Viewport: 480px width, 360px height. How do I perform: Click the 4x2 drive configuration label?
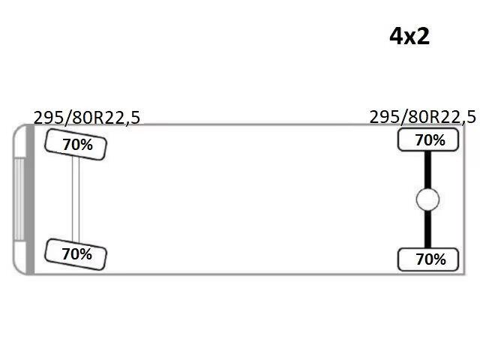[x=409, y=37]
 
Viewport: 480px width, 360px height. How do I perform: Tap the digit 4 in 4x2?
[x=396, y=37]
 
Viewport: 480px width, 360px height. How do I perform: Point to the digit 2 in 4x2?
[x=423, y=37]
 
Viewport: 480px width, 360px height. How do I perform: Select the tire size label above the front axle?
[x=87, y=118]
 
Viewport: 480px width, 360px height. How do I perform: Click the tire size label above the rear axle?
[x=423, y=117]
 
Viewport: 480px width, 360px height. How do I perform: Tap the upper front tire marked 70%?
[x=76, y=145]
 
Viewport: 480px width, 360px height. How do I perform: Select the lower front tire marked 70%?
[x=76, y=254]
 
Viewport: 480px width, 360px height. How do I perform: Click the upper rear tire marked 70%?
[x=428, y=140]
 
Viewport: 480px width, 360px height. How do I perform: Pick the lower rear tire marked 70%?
[x=428, y=259]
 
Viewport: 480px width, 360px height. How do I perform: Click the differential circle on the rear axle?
[x=427, y=199]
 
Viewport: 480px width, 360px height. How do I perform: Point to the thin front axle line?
[x=76, y=199]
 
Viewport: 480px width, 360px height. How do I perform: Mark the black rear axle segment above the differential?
[x=427, y=169]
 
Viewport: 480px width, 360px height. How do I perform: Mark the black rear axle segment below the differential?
[x=427, y=229]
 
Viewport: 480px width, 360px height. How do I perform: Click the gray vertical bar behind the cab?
[x=30, y=199]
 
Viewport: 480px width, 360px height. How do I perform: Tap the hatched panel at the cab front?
[x=19, y=199]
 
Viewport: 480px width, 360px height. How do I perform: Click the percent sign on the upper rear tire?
[x=439, y=140]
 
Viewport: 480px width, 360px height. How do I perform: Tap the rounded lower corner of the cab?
[x=19, y=268]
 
